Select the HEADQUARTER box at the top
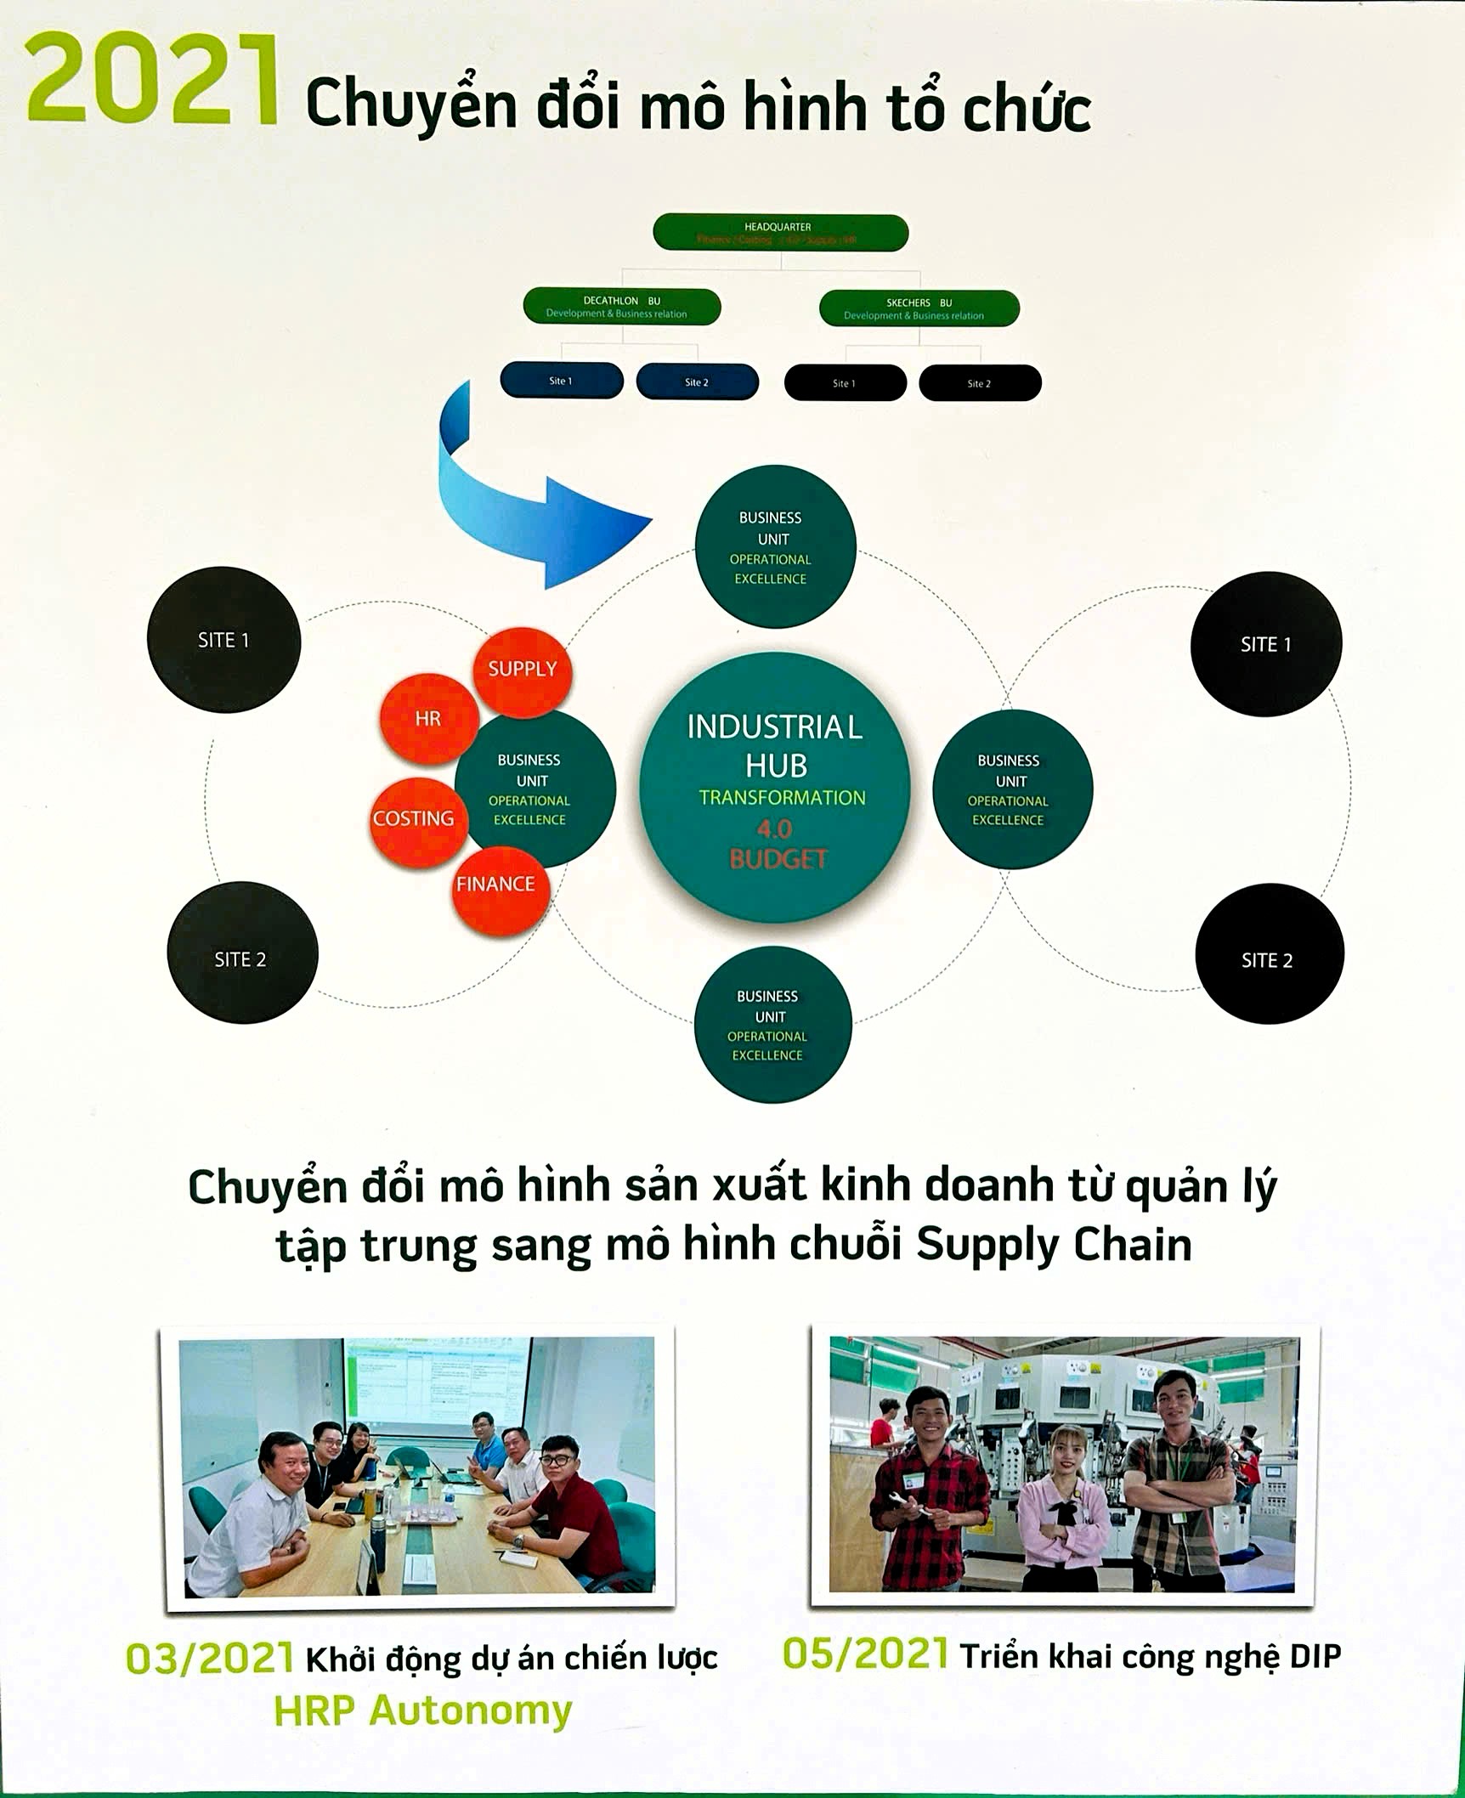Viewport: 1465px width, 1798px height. click(780, 232)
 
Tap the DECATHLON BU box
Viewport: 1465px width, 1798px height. click(621, 307)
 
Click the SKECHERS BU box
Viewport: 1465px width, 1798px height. click(919, 308)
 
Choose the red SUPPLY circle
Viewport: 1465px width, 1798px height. click(522, 670)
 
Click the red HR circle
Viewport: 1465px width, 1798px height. click(427, 719)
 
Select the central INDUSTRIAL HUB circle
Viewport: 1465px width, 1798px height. click(774, 786)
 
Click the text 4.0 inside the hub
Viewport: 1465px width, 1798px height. click(774, 828)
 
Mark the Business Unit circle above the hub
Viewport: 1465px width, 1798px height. click(774, 547)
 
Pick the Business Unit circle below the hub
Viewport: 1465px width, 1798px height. click(772, 1025)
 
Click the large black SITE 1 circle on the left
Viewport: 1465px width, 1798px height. click(223, 640)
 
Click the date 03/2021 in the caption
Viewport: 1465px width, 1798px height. click(209, 1659)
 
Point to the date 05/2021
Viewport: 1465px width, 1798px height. click(863, 1655)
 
